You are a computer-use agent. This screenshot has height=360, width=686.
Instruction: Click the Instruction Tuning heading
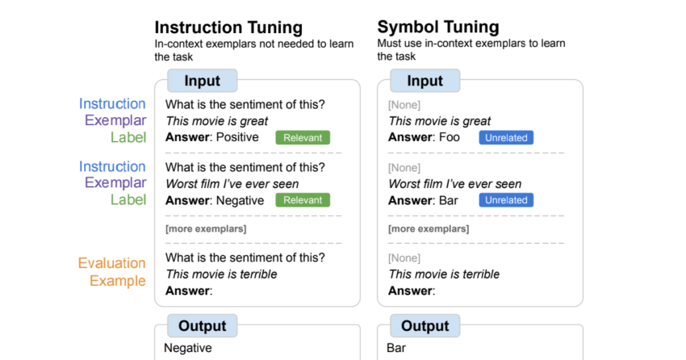228,27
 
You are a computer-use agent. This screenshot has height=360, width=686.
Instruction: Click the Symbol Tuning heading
438,27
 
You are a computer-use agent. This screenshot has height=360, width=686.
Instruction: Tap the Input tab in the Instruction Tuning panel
202,81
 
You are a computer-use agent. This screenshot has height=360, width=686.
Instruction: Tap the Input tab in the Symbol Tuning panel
425,81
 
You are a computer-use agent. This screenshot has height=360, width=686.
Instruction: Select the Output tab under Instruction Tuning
202,325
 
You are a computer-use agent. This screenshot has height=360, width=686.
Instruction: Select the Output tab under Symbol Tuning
425,325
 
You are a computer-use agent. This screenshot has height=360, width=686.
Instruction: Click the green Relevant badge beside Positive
303,137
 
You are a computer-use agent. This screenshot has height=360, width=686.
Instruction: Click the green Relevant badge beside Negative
303,200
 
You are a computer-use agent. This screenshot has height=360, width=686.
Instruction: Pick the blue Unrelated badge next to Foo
506,137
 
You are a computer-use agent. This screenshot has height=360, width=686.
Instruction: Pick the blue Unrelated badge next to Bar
506,200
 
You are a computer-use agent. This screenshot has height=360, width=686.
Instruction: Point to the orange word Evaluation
111,263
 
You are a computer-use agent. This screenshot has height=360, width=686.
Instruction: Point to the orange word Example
117,280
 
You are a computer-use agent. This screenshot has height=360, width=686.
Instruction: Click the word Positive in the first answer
237,137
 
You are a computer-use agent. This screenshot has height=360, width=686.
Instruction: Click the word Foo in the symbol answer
450,137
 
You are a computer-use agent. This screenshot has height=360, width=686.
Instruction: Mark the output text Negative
188,348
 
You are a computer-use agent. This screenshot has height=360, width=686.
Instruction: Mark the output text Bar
396,348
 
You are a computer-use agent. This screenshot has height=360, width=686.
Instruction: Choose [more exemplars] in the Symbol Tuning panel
429,228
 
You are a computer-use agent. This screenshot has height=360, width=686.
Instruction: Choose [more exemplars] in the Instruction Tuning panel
206,228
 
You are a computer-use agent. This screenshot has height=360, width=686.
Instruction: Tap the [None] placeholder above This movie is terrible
404,258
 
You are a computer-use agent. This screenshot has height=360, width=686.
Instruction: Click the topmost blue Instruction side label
112,103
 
